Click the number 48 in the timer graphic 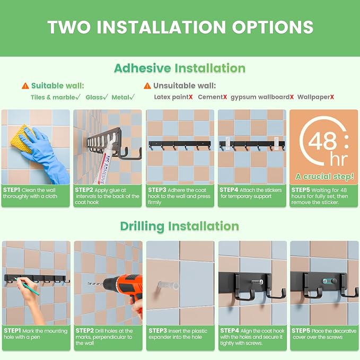pyautogui.click(x=322, y=140)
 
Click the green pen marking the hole pyautogui.click(x=27, y=286)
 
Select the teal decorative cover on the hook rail pyautogui.click(x=327, y=281)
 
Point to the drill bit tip pyautogui.click(x=89, y=284)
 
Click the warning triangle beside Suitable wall pyautogui.click(x=25, y=86)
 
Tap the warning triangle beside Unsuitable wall pyautogui.click(x=147, y=86)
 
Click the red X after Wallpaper pyautogui.click(x=332, y=97)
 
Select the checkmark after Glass pyautogui.click(x=106, y=97)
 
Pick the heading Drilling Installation pyautogui.click(x=180, y=226)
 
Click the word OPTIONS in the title pyautogui.click(x=273, y=27)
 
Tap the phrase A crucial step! pyautogui.click(x=324, y=177)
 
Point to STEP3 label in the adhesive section pyautogui.click(x=157, y=190)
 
